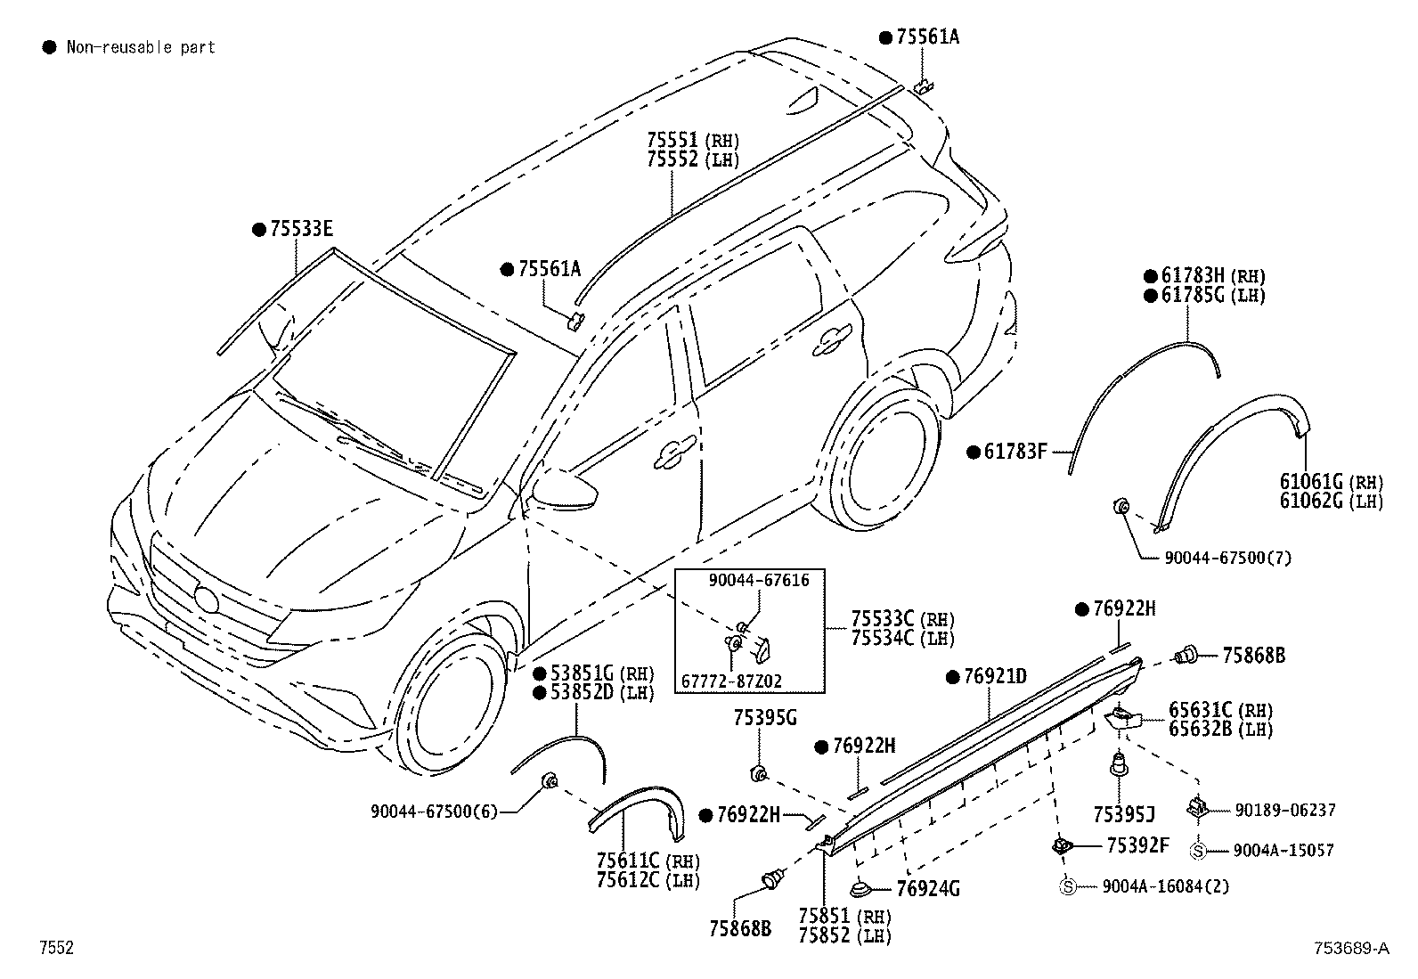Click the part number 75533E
[301, 229]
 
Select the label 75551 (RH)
[693, 140]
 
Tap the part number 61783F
[1015, 452]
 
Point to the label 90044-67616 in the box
[758, 580]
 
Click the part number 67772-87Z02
[732, 681]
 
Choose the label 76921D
[995, 677]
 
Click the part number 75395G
[765, 718]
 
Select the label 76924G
[928, 889]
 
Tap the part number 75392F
[1137, 845]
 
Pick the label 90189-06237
[1285, 810]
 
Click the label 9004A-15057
[1284, 851]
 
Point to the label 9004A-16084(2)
[1165, 886]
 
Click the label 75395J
[1124, 814]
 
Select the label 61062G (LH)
[1332, 501]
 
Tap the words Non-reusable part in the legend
[141, 47]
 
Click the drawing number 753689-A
[1351, 948]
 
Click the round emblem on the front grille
[207, 599]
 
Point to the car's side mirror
[565, 488]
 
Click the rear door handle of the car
[832, 343]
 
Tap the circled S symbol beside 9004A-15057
[1197, 851]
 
